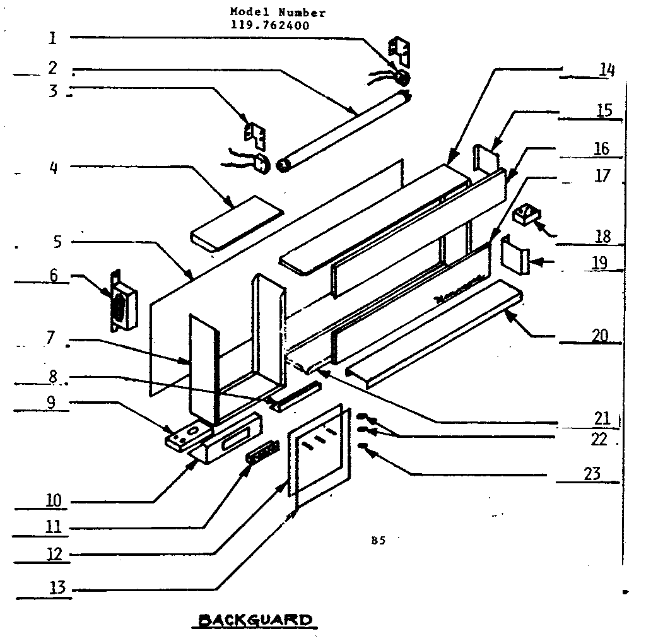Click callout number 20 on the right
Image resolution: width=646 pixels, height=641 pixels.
(599, 335)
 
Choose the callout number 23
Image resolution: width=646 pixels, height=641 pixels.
(592, 473)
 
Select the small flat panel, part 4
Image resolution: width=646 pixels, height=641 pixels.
(235, 222)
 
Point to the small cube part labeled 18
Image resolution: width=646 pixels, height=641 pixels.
(524, 216)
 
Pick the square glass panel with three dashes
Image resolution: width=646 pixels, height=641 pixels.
(318, 451)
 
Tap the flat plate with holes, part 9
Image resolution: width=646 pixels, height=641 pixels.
(188, 435)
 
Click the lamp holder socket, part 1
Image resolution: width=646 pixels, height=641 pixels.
(400, 77)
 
